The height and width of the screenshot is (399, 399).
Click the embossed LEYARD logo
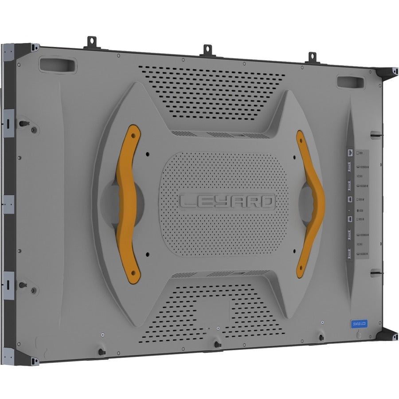tap(227, 202)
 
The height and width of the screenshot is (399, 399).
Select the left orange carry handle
tap(129, 204)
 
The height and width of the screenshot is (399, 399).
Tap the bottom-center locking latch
tap(216, 344)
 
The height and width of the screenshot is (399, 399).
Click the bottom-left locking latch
tap(101, 352)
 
